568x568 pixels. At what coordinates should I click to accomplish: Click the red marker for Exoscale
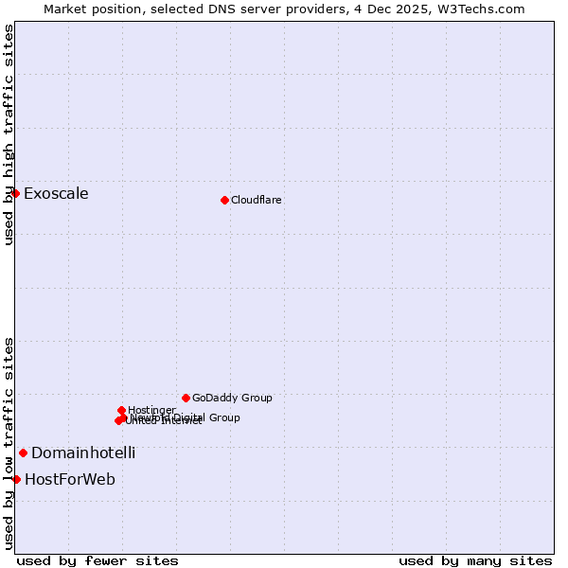(x=16, y=193)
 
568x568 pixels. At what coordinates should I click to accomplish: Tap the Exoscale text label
(x=56, y=194)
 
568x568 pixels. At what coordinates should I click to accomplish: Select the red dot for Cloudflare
(x=224, y=200)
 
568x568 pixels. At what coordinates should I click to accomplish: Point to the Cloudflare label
(x=257, y=200)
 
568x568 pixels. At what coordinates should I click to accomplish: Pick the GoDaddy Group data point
(x=186, y=398)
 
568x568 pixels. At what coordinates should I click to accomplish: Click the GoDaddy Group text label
(x=232, y=398)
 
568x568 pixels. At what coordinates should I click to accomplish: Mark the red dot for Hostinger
(x=122, y=410)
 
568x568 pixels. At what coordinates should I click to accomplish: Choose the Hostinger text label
(x=151, y=410)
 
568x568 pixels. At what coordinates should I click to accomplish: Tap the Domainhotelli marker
(x=24, y=453)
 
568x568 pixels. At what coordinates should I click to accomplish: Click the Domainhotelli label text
(x=83, y=453)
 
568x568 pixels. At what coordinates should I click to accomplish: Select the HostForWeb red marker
(x=16, y=479)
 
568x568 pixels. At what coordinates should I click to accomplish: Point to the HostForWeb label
(x=70, y=479)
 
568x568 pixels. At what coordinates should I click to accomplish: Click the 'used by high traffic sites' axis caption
(x=9, y=134)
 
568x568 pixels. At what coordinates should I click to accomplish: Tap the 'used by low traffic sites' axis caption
(x=9, y=442)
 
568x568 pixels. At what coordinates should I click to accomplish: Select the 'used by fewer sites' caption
(x=98, y=560)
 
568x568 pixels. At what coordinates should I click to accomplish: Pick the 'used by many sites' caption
(x=475, y=560)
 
